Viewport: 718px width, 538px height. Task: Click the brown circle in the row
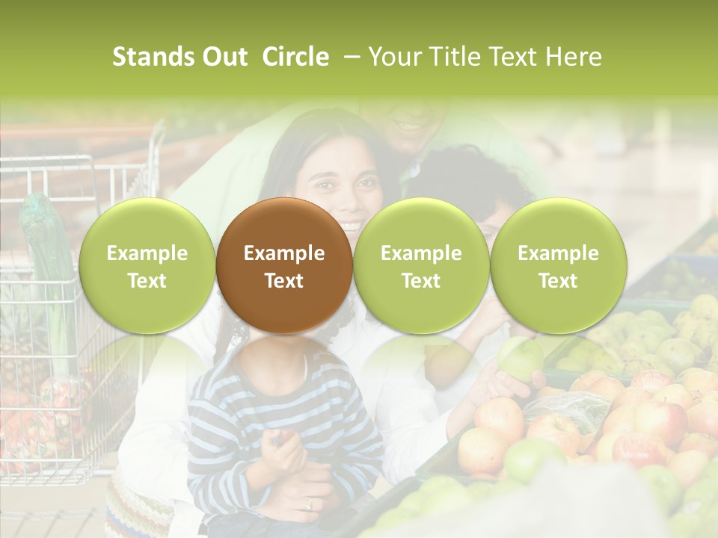283,265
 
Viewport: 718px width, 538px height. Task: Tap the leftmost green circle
147,265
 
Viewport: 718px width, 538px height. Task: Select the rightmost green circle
558,265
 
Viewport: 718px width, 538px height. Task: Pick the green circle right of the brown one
421,265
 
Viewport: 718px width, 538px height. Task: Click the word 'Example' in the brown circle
283,253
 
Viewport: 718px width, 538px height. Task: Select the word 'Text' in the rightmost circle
558,281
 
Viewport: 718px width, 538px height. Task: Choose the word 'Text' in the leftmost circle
147,281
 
